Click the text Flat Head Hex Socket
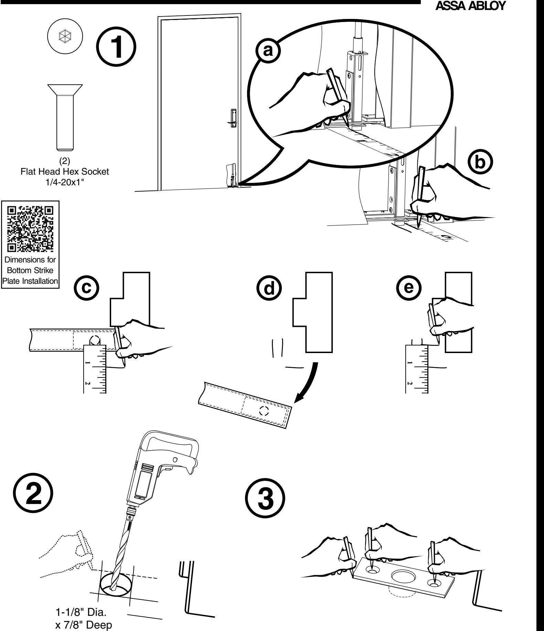pyautogui.click(x=65, y=172)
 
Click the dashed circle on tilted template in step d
pyautogui.click(x=264, y=410)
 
